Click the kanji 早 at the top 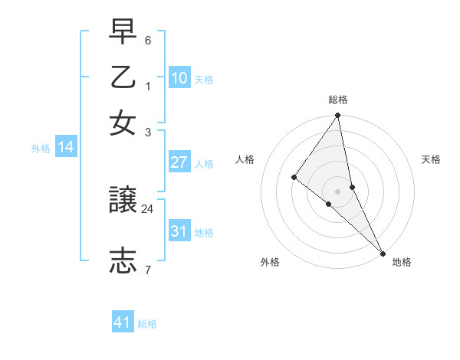pos(123,31)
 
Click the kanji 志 pos(123,259)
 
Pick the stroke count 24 pos(148,208)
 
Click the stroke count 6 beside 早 pos(148,40)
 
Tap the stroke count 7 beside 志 pos(148,270)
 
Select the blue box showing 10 pos(179,78)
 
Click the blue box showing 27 pos(179,162)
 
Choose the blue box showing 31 pos(179,231)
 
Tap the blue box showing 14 pos(66,148)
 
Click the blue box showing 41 pos(123,322)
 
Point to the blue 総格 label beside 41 pos(147,324)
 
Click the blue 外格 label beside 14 pos(41,149)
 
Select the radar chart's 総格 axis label pos(338,100)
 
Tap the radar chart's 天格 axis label pos(431,159)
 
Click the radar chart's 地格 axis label pos(402,262)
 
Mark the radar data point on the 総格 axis pos(338,116)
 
